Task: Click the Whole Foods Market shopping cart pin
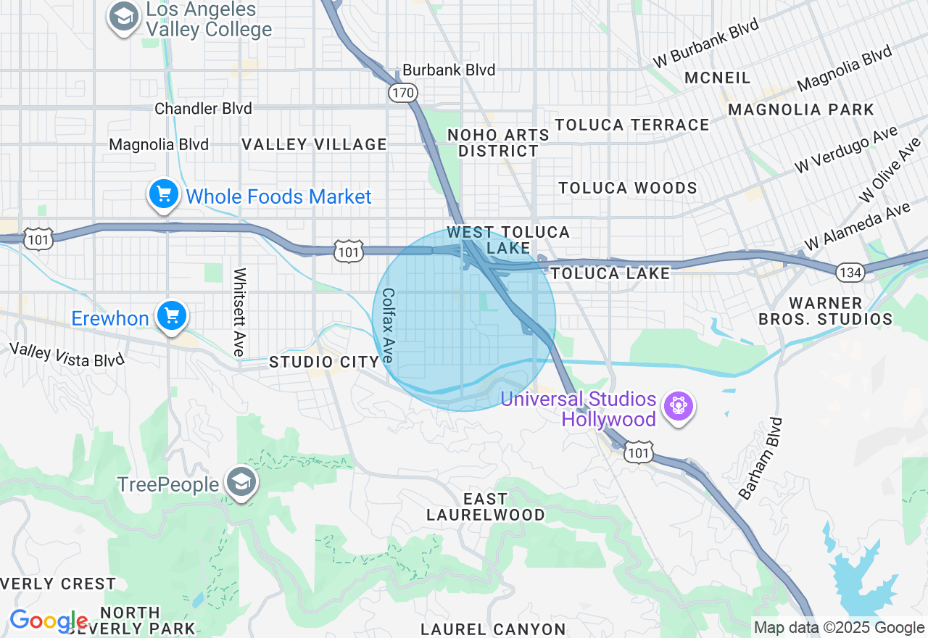point(165,195)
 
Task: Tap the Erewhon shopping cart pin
point(172,317)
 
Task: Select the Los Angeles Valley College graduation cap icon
point(124,17)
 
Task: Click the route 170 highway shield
point(402,92)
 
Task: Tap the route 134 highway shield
point(849,272)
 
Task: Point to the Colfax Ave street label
point(389,326)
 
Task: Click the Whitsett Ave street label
point(240,312)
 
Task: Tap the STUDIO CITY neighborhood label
point(324,362)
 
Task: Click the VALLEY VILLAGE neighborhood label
point(315,144)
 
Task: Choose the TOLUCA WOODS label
point(628,188)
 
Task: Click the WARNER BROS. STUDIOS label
point(826,310)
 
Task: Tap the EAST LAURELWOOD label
point(486,507)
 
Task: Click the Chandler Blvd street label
point(203,109)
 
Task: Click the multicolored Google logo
point(49,621)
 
